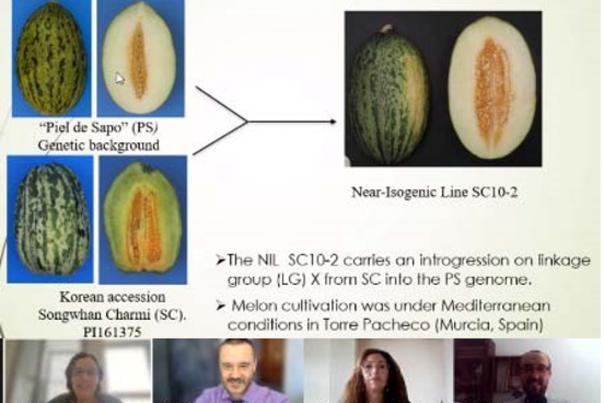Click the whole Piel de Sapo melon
51,58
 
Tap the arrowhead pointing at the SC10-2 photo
333,122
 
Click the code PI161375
112,332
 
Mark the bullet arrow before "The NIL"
221,261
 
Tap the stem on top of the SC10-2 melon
388,28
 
